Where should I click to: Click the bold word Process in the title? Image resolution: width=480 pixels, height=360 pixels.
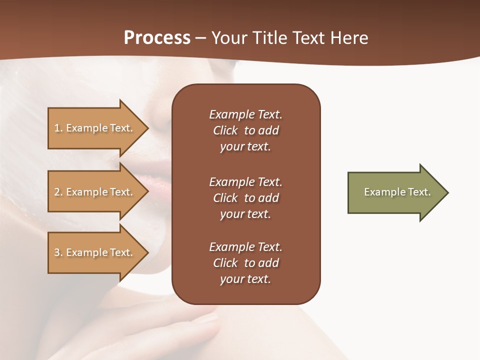pos(157,37)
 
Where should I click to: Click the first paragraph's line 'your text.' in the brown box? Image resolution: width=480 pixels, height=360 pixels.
pos(245,147)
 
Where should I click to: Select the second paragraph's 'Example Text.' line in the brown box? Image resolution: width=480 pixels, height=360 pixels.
pos(245,181)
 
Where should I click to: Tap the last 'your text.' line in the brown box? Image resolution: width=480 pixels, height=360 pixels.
pos(245,279)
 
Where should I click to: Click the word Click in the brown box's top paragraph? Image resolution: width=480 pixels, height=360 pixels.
pos(225,131)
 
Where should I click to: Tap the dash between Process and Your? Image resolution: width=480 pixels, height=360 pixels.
pos(201,38)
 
